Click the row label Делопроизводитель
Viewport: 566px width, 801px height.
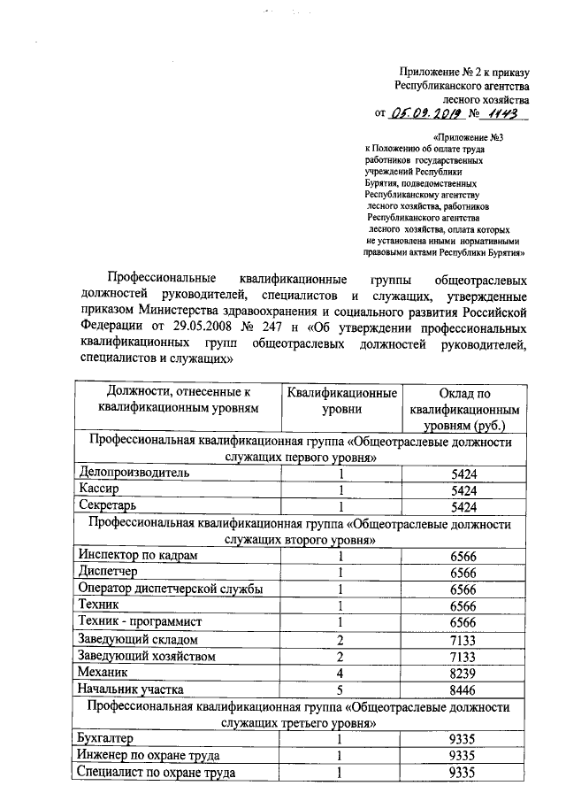point(134,474)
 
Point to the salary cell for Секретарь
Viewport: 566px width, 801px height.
point(463,507)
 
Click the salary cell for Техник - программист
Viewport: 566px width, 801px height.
point(463,622)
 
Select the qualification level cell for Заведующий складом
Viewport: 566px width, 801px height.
point(340,639)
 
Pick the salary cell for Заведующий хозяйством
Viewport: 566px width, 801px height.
point(463,656)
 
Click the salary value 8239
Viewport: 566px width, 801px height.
point(463,673)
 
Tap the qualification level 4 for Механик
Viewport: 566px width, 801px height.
point(340,673)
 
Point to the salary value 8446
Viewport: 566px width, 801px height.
point(463,689)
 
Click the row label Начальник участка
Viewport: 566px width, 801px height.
point(130,689)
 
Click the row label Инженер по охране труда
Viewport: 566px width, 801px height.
point(147,755)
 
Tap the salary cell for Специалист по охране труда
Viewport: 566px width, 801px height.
point(463,772)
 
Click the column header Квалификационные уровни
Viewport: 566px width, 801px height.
point(341,401)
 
